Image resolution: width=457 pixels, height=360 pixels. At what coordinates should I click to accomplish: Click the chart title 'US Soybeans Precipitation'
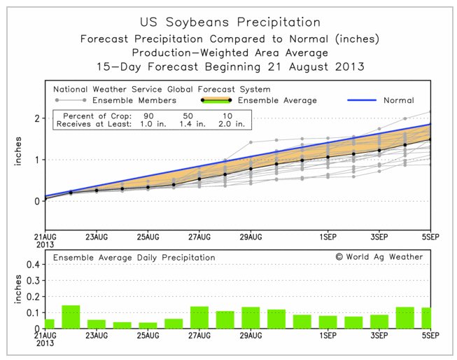pos(230,22)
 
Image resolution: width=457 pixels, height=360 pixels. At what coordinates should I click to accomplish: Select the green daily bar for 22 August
pos(71,317)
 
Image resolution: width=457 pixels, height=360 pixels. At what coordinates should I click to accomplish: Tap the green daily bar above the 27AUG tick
pos(199,317)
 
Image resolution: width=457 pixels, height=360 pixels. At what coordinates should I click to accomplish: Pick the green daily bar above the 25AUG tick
pos(148,325)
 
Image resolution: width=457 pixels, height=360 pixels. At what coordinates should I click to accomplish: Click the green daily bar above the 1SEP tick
pos(328,322)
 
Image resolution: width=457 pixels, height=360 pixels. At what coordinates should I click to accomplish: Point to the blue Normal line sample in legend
pos(362,100)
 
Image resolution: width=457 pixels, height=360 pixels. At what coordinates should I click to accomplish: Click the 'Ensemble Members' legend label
pos(134,100)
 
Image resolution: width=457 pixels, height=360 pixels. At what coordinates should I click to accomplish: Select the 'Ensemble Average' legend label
pos(277,100)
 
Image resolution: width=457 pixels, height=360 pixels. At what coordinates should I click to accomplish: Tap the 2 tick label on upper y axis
pos(37,118)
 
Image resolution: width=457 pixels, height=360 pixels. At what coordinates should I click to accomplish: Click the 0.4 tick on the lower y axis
pos(33,264)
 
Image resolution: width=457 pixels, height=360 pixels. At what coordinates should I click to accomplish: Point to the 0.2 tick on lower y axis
pos(33,297)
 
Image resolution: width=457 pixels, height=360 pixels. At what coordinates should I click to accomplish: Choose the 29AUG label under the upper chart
pos(251,237)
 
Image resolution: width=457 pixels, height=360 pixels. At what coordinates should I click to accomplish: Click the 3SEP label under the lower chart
pos(379,335)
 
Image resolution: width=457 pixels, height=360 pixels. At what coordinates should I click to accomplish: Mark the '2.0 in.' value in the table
pos(232,124)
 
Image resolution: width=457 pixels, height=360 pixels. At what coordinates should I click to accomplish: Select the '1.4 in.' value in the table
pos(192,124)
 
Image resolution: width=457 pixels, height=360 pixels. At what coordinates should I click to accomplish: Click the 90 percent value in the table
pos(148,116)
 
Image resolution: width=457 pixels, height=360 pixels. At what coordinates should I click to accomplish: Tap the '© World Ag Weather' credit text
pos(379,257)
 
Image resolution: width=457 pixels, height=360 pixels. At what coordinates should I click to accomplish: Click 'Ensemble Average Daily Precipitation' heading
pos(134,258)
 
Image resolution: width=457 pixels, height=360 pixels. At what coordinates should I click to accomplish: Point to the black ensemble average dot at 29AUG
pos(251,169)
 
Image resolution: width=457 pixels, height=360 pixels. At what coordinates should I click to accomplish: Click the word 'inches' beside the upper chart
pos(18,151)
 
